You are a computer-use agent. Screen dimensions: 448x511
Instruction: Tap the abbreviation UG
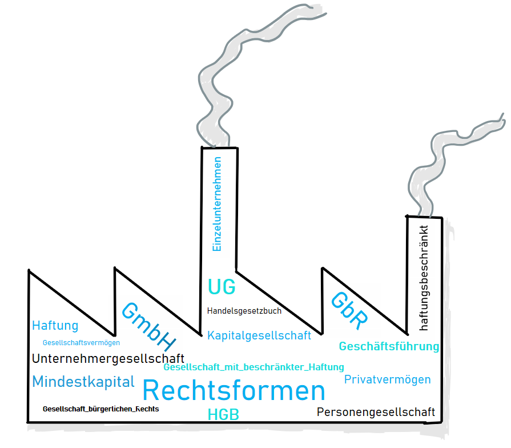[x=222, y=286]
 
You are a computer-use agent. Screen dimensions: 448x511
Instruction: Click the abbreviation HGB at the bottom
[x=223, y=415]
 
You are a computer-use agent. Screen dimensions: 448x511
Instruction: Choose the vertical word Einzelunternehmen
[x=216, y=204]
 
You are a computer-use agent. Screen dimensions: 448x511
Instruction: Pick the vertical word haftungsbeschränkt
[x=424, y=278]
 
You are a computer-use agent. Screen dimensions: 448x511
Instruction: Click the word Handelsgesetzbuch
[x=244, y=311]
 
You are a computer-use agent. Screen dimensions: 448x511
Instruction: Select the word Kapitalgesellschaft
[x=259, y=335]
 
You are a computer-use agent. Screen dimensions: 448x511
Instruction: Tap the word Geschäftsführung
[x=389, y=346]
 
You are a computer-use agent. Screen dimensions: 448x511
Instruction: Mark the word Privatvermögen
[x=387, y=379]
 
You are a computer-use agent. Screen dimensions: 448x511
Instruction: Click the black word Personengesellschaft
[x=376, y=412]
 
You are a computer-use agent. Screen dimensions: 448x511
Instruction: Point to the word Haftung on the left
[x=55, y=326]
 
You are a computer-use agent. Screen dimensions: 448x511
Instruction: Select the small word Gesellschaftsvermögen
[x=81, y=343]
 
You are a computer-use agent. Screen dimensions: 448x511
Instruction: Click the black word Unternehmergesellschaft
[x=108, y=359]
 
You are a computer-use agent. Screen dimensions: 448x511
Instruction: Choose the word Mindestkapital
[x=83, y=382]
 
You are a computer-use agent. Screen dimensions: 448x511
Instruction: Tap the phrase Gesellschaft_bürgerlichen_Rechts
[x=100, y=409]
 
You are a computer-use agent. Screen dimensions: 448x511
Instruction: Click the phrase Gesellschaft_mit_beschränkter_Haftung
[x=254, y=367]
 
